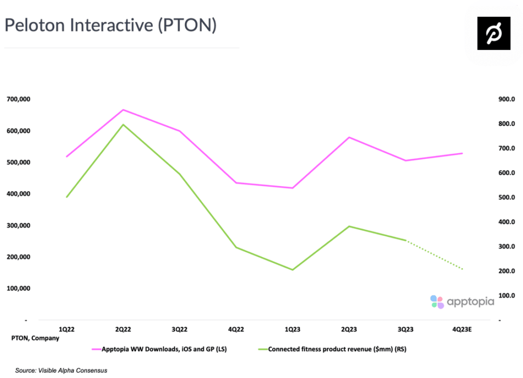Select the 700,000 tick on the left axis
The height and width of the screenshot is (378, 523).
[18, 99]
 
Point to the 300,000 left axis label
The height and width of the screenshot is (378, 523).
[18, 225]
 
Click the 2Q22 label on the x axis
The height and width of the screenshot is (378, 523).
[123, 330]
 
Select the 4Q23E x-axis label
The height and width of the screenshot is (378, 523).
[462, 330]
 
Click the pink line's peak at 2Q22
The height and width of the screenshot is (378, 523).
[123, 110]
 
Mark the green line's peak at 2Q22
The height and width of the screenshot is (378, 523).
[123, 125]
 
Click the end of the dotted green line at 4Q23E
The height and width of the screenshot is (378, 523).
[462, 269]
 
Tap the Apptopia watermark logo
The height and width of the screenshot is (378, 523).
[462, 301]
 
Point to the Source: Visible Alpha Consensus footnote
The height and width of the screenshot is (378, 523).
[61, 370]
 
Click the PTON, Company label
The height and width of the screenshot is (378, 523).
[35, 338]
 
